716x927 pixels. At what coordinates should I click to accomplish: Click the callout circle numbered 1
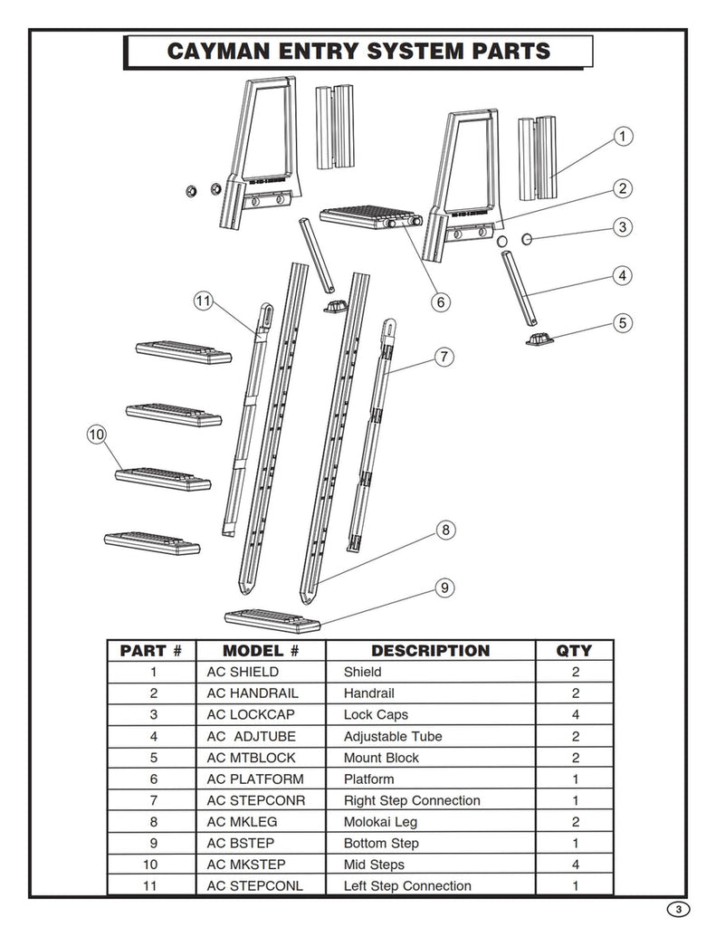point(622,137)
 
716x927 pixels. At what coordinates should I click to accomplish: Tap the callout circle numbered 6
point(441,302)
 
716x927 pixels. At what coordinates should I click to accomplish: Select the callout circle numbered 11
point(203,301)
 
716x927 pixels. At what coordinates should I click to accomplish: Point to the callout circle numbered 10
point(96,435)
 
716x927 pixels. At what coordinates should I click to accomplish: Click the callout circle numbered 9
point(444,588)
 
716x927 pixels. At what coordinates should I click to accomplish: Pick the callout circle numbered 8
point(445,530)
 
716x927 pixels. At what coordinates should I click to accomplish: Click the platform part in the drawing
point(371,218)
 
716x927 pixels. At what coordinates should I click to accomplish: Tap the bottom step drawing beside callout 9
point(272,621)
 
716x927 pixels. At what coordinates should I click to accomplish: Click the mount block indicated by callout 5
point(540,339)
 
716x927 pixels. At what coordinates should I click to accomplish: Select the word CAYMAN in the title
point(218,51)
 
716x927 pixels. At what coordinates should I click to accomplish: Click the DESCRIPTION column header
point(431,651)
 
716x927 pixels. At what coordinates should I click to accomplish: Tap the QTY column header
point(574,651)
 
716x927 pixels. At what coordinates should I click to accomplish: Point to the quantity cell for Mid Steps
point(576,865)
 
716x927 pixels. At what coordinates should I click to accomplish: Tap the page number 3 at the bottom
point(678,909)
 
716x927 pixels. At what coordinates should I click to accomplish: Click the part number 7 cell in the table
point(154,800)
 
